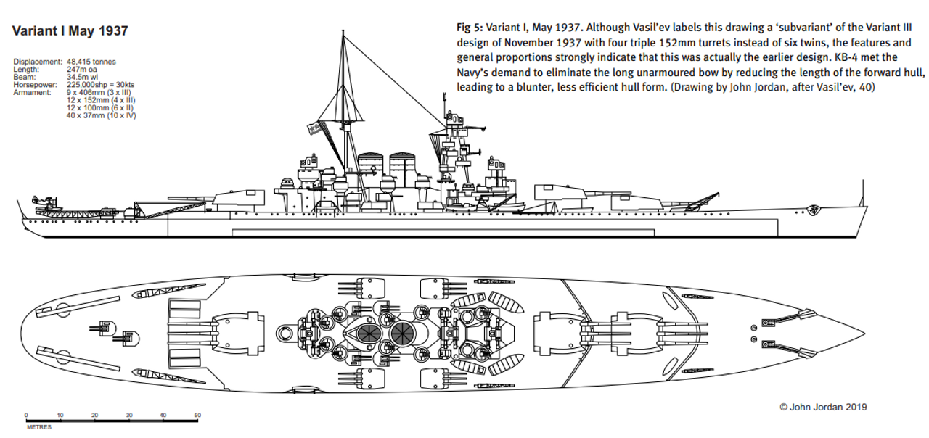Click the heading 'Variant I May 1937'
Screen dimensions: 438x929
click(x=70, y=31)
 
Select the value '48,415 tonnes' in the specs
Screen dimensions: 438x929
click(x=90, y=62)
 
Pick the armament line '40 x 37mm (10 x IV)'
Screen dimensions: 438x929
click(x=101, y=116)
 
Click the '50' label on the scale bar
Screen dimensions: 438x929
click(x=197, y=415)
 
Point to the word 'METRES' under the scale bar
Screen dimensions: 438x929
click(x=39, y=427)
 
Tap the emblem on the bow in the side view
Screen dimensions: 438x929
click(x=817, y=211)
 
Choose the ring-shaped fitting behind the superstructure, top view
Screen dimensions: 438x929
click(x=285, y=333)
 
